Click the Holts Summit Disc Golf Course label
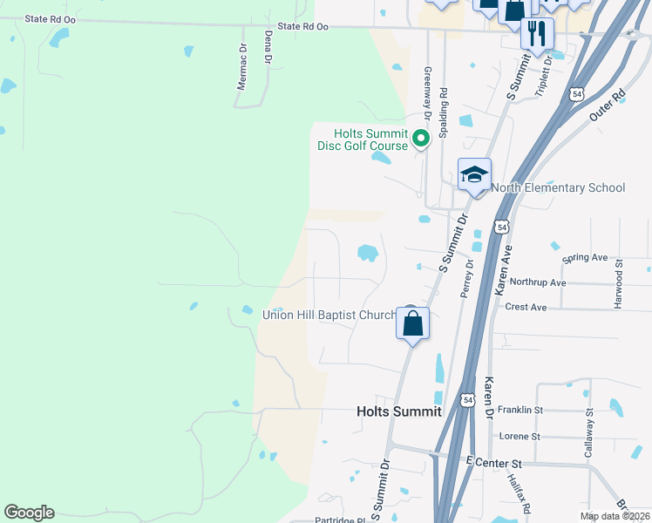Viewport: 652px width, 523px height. point(363,139)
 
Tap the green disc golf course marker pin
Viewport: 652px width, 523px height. point(421,138)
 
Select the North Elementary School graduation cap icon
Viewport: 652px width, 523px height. point(475,175)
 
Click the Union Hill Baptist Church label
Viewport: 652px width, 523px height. point(329,315)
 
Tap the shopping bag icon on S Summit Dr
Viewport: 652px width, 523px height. point(413,323)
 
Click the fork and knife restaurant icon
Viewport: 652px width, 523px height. point(537,34)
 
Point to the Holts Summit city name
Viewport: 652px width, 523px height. point(399,411)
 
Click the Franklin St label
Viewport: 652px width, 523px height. point(520,410)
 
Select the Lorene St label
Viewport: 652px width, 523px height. point(520,436)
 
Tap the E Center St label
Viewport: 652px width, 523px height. point(493,461)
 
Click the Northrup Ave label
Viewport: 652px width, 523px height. point(538,282)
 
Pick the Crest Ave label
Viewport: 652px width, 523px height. point(526,307)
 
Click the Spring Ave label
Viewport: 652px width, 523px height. point(585,258)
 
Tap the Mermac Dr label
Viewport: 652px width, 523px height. point(242,68)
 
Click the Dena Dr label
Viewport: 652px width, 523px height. point(268,47)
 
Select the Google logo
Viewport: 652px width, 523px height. point(29,513)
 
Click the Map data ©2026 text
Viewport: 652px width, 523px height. point(614,516)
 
